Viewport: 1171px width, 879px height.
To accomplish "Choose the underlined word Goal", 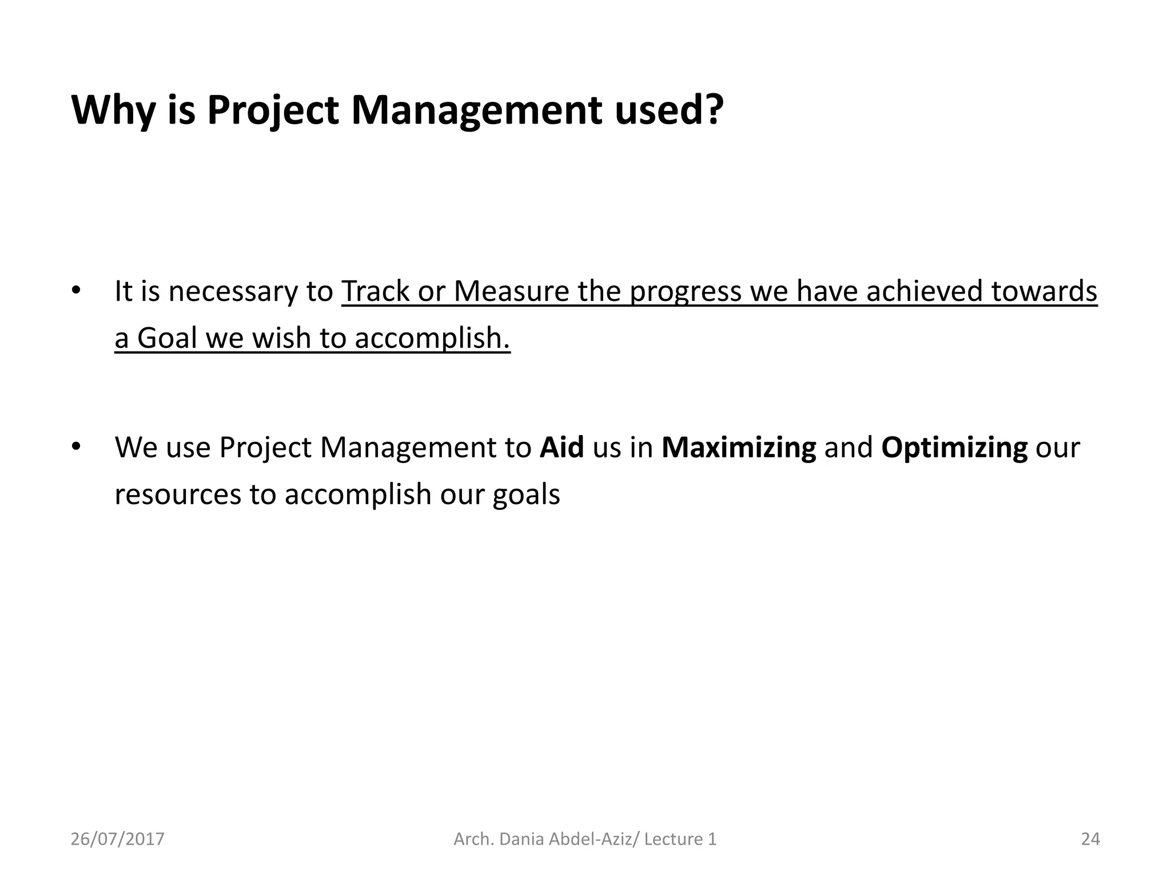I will click(166, 338).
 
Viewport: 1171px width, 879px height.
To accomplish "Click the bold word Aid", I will click(561, 448).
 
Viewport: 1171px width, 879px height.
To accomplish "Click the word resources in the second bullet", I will click(177, 494).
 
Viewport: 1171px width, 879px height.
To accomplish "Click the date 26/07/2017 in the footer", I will click(117, 840).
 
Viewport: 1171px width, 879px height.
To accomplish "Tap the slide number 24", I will click(1090, 840).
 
